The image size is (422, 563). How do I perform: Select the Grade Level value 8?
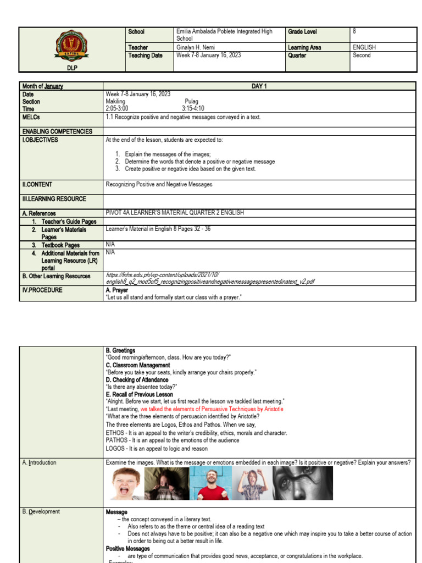tap(354, 32)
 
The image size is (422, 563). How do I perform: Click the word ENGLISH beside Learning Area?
tap(364, 48)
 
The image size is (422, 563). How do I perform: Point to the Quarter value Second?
tap(362, 56)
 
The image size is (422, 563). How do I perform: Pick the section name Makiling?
tap(115, 102)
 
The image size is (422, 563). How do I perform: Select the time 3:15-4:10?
tap(193, 109)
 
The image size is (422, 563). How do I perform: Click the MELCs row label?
tap(31, 117)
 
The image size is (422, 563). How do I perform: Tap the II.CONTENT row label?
tap(37, 185)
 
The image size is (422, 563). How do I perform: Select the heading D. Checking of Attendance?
tap(137, 380)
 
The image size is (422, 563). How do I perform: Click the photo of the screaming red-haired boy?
tap(125, 484)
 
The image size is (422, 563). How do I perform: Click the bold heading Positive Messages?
tap(127, 549)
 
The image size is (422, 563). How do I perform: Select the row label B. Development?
tap(41, 512)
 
